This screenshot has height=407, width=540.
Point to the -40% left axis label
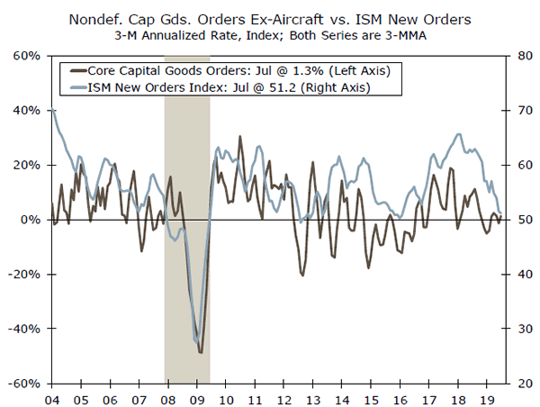tap(25, 329)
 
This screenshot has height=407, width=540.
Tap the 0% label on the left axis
tap(32, 220)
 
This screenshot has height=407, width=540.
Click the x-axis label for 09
tap(200, 397)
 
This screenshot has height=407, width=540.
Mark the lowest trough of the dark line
tap(201, 352)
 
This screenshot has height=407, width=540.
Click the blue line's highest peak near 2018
tap(459, 134)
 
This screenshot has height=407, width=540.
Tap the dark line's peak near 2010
tap(240, 137)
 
